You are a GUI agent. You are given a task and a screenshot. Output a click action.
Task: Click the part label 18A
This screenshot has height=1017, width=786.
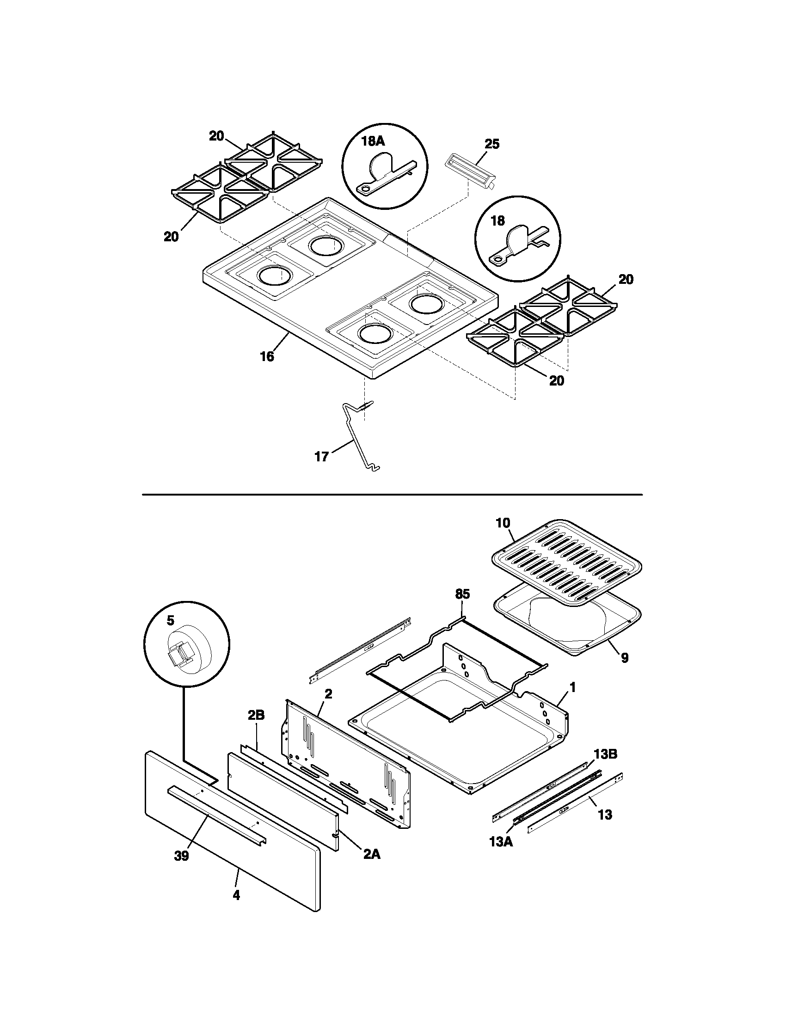373,141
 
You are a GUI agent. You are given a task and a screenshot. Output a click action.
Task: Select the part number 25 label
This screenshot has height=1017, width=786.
492,144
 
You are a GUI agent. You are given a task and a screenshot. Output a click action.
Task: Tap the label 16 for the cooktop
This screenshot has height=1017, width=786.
267,357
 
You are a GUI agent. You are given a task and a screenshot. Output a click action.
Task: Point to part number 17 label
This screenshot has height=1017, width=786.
322,457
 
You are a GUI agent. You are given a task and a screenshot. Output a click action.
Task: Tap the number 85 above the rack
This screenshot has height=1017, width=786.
462,594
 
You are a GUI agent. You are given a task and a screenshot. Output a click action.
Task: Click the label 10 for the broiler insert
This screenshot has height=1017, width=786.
503,522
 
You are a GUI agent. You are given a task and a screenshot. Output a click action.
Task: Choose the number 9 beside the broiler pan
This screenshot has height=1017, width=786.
625,657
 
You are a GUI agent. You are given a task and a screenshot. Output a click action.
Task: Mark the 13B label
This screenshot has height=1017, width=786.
605,754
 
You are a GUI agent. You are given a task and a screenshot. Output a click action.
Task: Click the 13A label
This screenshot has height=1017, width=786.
501,842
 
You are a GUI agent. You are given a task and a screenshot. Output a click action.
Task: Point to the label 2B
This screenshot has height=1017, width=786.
256,715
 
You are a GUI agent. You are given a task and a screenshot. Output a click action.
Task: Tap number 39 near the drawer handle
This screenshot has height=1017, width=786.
182,856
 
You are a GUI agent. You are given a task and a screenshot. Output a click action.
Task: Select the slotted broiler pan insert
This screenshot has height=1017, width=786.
567,559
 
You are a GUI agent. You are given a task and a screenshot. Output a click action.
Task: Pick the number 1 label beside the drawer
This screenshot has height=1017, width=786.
573,687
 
